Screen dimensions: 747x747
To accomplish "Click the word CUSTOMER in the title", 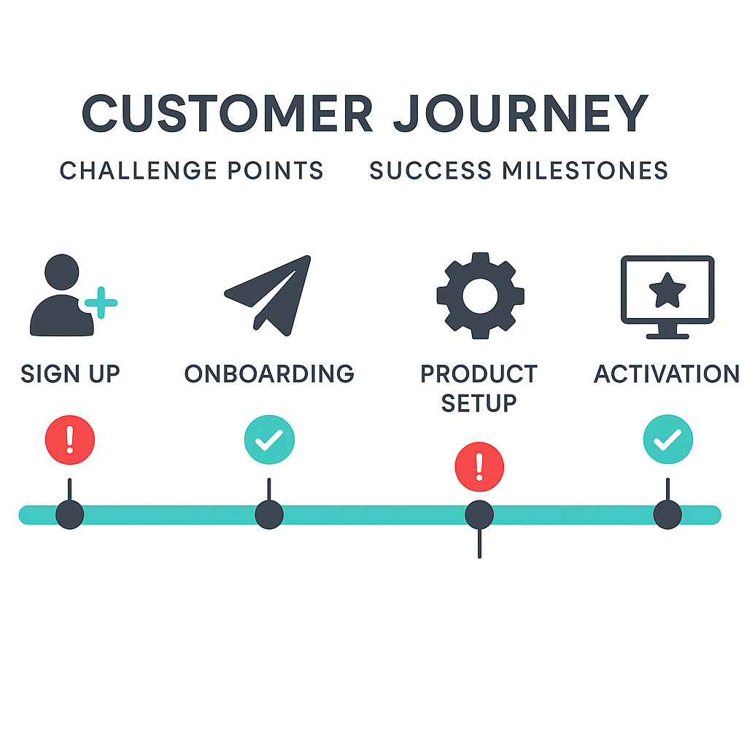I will [x=228, y=114].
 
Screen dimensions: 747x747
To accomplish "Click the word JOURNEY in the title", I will [x=521, y=114].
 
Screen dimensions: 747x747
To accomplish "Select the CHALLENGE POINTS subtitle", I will [x=191, y=171].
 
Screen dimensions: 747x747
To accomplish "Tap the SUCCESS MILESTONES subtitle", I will [x=519, y=171].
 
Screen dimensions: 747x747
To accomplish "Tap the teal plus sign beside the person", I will [x=101, y=302].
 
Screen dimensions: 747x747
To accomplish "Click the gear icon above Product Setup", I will [x=480, y=295].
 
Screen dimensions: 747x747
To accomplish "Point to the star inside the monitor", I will [x=667, y=292].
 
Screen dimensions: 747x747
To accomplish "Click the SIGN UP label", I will [x=70, y=373].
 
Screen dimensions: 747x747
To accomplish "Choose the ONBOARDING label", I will [x=269, y=373].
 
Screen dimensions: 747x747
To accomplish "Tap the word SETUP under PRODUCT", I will [x=479, y=402].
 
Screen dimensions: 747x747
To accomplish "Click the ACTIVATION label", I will [x=667, y=373].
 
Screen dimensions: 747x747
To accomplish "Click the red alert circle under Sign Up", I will [x=70, y=440].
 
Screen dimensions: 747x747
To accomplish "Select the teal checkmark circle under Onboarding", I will [x=269, y=440].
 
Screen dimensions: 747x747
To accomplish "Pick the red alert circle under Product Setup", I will [x=479, y=466].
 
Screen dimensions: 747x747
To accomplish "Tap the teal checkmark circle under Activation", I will [x=667, y=440].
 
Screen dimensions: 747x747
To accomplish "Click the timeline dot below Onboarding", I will [x=269, y=515].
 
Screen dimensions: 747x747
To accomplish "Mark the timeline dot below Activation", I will [x=667, y=515].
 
